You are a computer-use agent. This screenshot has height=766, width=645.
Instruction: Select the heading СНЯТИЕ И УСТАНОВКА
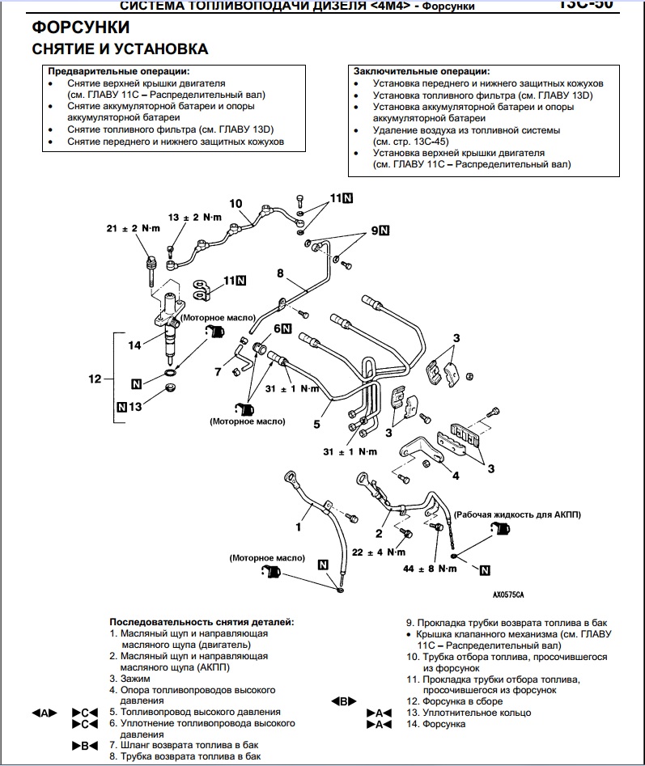pyautogui.click(x=120, y=49)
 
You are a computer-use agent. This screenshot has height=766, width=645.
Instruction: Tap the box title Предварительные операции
pyautogui.click(x=118, y=72)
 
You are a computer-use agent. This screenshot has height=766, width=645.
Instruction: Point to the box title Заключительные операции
pyautogui.click(x=421, y=72)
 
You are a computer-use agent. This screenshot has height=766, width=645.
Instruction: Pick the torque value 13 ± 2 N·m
pyautogui.click(x=195, y=218)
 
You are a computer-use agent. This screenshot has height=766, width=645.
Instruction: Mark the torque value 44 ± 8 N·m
pyautogui.click(x=431, y=569)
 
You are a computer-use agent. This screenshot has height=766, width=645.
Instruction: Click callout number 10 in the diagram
pyautogui.click(x=236, y=203)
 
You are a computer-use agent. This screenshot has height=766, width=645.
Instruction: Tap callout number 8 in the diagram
pyautogui.click(x=280, y=275)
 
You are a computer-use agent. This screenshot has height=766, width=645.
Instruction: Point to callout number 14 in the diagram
pyautogui.click(x=134, y=345)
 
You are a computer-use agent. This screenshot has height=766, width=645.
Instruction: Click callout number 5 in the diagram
pyautogui.click(x=317, y=422)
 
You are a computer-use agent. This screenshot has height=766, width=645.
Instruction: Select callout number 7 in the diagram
pyautogui.click(x=218, y=371)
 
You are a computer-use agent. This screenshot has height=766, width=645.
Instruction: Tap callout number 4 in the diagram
pyautogui.click(x=455, y=476)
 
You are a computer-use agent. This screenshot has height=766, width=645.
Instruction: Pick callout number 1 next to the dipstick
pyautogui.click(x=298, y=527)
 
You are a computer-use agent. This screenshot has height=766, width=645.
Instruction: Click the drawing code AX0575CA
pyautogui.click(x=508, y=595)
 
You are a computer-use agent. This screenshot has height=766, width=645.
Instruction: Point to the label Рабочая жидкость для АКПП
pyautogui.click(x=518, y=514)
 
